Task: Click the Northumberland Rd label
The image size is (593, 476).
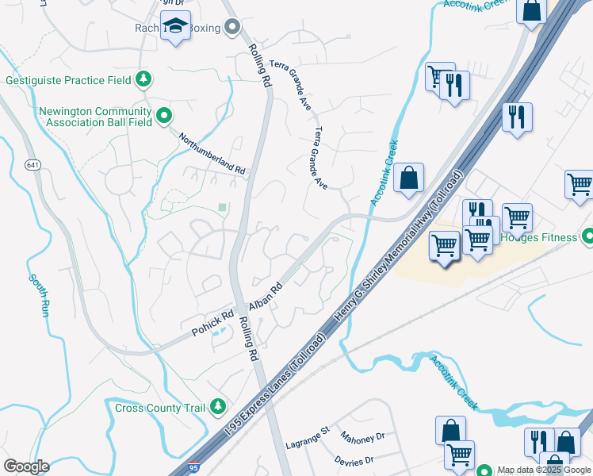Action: (x=212, y=153)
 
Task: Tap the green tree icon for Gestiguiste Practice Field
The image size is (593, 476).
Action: (x=143, y=79)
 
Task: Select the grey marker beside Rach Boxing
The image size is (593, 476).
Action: (x=232, y=29)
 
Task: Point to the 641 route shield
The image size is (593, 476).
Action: (x=33, y=165)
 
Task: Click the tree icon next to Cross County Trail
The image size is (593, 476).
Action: (x=218, y=407)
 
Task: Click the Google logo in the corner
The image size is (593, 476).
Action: (x=26, y=466)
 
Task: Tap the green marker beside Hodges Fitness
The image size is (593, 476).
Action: (x=587, y=236)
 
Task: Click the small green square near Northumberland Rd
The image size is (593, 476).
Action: (x=222, y=208)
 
